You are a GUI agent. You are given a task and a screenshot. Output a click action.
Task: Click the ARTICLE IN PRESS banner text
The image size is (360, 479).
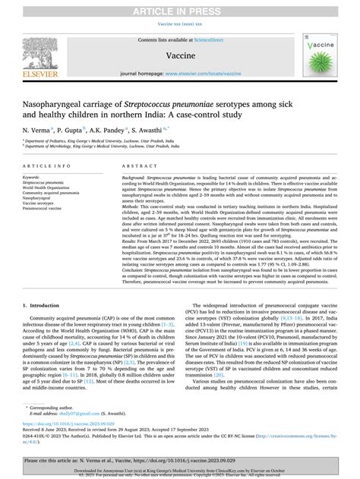pos(179,8)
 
